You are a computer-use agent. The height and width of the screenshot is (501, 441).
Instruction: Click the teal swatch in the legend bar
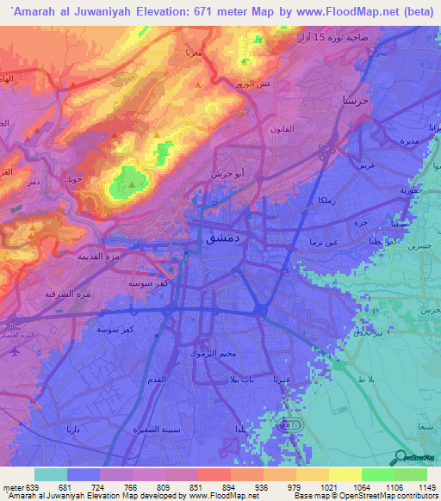click(x=51, y=474)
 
